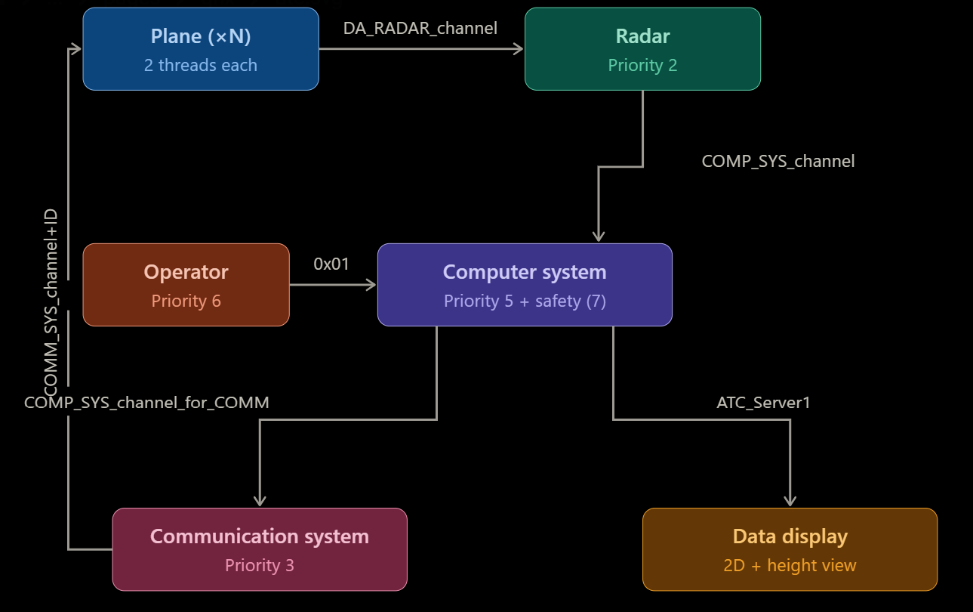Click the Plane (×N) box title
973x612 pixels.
[x=200, y=36]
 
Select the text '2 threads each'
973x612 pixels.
[x=200, y=66]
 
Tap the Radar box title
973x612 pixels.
[x=642, y=36]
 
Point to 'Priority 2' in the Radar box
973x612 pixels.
[x=642, y=66]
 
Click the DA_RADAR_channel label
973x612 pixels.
[x=420, y=29]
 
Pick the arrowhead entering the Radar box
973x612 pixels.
[x=519, y=49]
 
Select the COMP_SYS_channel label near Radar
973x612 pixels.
[x=777, y=161]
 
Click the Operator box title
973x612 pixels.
[x=186, y=272]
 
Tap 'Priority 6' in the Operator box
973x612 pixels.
[x=186, y=301]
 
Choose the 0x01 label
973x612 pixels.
[x=332, y=264]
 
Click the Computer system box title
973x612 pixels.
[x=524, y=272]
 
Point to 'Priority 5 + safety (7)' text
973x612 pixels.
[x=524, y=301]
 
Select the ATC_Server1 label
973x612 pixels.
[x=763, y=403]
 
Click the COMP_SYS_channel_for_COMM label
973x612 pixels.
[x=146, y=403]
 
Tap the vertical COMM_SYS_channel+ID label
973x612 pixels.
[x=51, y=302]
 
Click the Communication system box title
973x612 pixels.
[x=260, y=536]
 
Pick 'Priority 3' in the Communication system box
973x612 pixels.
[x=260, y=566]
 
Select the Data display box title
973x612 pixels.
[x=790, y=536]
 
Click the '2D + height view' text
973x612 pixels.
[x=790, y=566]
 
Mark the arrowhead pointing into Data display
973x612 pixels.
[x=790, y=501]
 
